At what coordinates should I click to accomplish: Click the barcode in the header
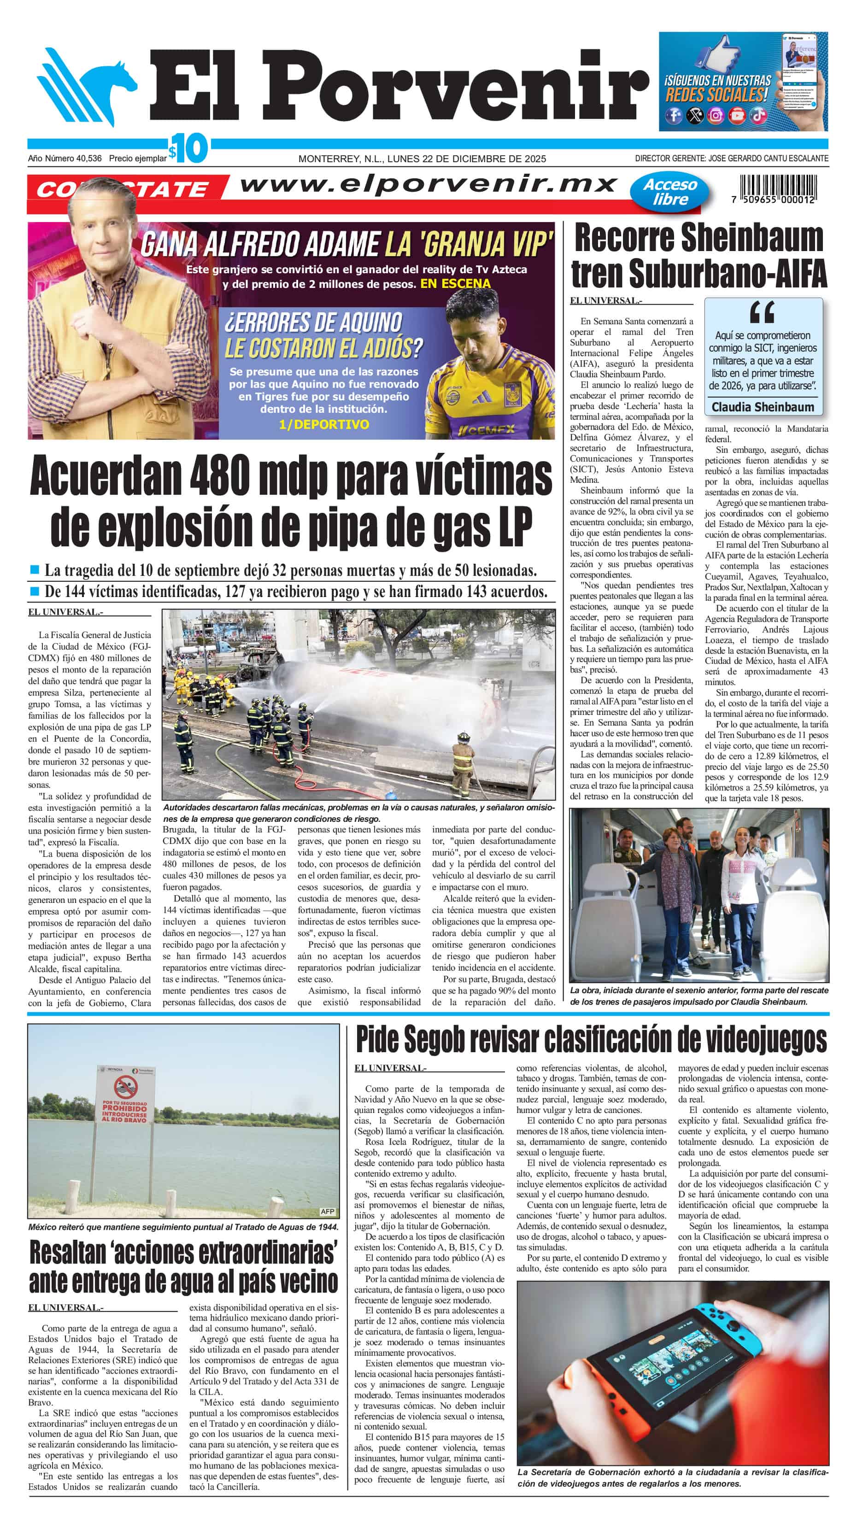(x=777, y=184)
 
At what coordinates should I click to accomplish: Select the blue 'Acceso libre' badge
(x=669, y=192)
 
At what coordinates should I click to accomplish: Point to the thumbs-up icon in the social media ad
(x=719, y=56)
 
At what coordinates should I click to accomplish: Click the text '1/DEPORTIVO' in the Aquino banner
(x=323, y=424)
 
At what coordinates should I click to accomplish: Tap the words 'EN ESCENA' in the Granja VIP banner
(x=455, y=284)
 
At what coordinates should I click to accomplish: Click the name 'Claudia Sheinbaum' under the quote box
(x=763, y=407)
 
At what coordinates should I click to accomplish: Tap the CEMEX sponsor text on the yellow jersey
(x=486, y=430)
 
